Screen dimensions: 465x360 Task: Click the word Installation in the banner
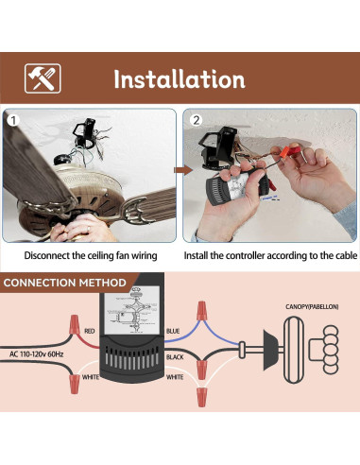(x=180, y=78)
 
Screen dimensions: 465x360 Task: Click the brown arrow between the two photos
(x=180, y=170)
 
